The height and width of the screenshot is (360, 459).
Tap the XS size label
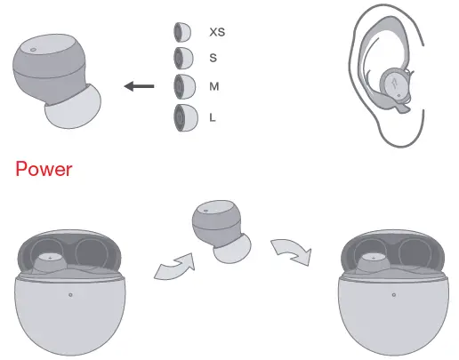click(217, 32)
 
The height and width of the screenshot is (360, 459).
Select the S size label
click(213, 58)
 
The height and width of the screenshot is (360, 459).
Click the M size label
click(213, 86)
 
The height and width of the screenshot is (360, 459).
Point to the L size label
click(213, 116)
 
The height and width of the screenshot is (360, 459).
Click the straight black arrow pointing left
click(140, 86)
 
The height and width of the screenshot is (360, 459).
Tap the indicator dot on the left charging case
click(70, 294)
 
